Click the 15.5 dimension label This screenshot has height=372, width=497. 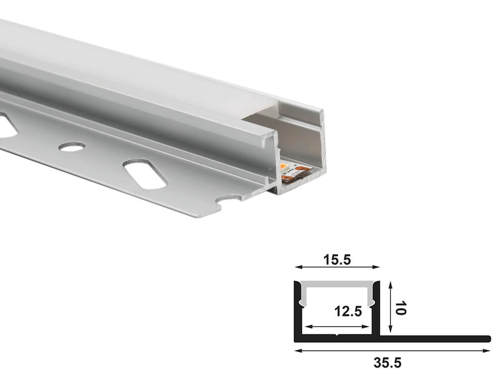(337, 260)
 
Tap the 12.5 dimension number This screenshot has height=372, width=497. (348, 311)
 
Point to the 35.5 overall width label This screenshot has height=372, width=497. (387, 363)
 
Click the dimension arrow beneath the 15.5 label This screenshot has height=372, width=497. (337, 267)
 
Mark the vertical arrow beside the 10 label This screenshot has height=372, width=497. (391, 307)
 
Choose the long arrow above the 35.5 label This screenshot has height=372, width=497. (393, 350)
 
